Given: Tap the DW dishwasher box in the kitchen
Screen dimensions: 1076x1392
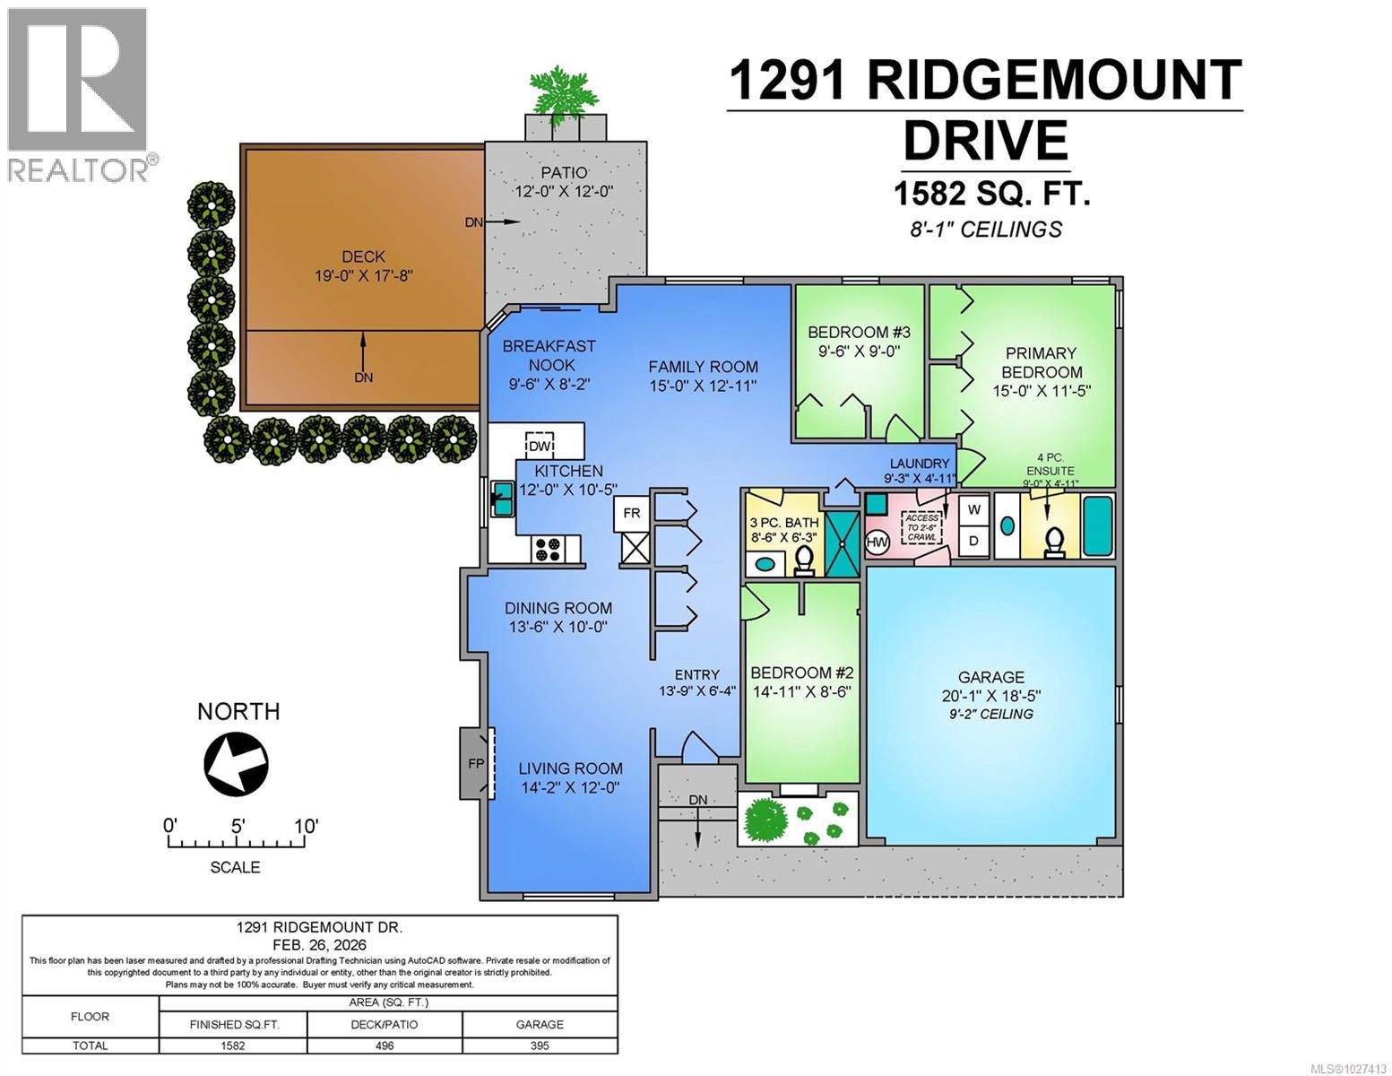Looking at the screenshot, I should tap(540, 446).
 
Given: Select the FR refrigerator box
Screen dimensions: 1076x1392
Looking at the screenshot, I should tap(632, 513).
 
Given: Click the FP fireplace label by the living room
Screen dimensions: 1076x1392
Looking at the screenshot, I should tap(475, 764).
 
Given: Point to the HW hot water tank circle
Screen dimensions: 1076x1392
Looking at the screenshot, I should tap(877, 542).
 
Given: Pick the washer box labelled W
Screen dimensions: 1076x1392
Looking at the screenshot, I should tap(974, 509).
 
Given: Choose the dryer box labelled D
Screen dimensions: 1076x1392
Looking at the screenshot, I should tap(974, 542).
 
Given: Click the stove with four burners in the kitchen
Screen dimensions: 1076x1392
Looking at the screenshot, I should tap(548, 549).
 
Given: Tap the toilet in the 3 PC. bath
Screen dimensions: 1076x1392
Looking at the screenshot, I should tap(804, 560).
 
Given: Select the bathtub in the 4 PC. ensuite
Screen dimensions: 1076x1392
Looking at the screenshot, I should tap(1099, 526).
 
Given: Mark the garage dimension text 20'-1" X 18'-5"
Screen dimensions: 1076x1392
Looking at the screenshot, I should tap(990, 696).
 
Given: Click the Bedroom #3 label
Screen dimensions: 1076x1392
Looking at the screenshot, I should tap(859, 331).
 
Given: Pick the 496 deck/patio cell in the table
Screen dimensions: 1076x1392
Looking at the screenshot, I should tap(385, 1046).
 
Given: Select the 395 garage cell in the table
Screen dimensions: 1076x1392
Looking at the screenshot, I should tap(540, 1046).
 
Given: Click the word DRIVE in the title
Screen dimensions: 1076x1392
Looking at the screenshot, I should tap(985, 141).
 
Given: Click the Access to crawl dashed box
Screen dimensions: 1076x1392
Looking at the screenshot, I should tap(922, 527).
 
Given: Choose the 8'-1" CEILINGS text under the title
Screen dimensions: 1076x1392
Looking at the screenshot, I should tap(985, 230).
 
